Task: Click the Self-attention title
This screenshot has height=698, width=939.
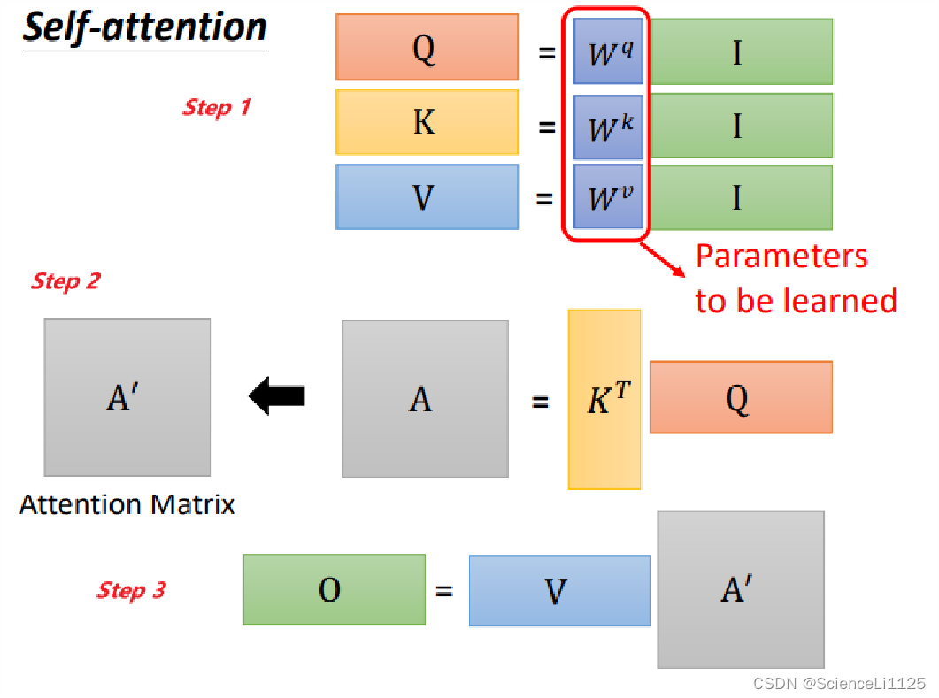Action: click(x=144, y=27)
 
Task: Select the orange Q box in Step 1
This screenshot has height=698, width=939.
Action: click(x=427, y=47)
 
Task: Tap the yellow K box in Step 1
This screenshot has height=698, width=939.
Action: click(x=427, y=122)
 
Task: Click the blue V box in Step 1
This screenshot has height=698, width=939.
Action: click(x=427, y=196)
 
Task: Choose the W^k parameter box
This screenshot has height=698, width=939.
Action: click(x=608, y=127)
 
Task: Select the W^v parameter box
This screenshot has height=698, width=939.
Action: click(x=608, y=196)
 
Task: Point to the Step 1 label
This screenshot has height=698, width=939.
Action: click(x=217, y=108)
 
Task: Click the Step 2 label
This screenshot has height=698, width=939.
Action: click(x=65, y=281)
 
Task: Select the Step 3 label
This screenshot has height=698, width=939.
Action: click(x=131, y=590)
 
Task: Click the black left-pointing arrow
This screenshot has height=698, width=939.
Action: click(x=277, y=395)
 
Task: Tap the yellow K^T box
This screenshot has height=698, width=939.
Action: click(x=604, y=399)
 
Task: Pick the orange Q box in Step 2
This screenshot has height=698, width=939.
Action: click(x=741, y=397)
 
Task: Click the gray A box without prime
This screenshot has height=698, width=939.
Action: click(x=425, y=399)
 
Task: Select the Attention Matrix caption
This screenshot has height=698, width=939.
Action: click(x=127, y=505)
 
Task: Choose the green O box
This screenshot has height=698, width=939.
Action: click(x=334, y=589)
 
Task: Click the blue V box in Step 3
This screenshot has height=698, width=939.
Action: click(x=559, y=591)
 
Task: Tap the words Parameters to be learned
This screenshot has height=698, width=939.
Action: click(x=795, y=279)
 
